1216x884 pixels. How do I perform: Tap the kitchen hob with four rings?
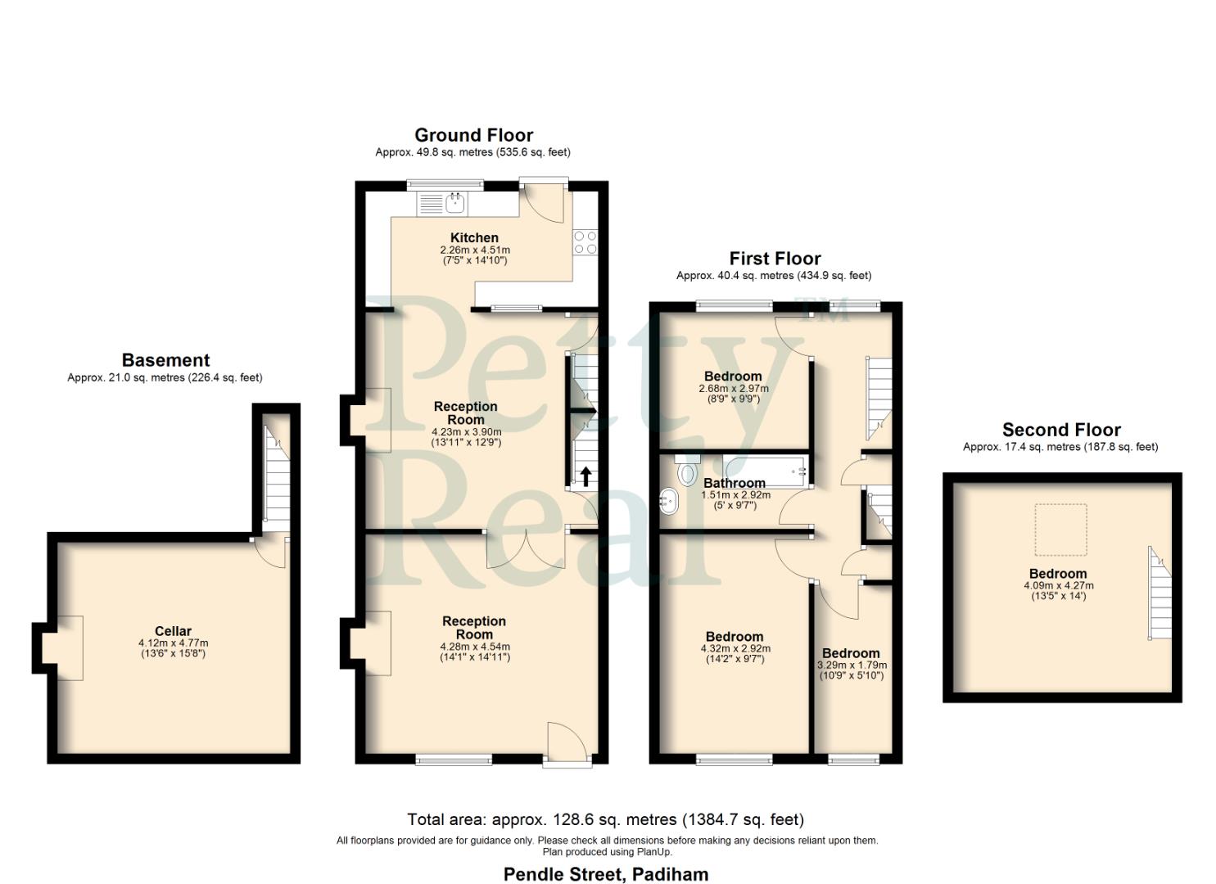tap(585, 242)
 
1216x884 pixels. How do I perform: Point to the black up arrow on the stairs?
tap(585, 476)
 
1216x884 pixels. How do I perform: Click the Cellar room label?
tap(173, 631)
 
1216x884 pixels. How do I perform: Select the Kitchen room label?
tap(474, 237)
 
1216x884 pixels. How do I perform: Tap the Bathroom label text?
tap(735, 483)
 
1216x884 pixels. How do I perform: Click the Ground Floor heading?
tap(473, 135)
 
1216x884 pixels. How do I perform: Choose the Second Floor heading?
tap(1061, 430)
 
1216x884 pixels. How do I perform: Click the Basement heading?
tap(165, 360)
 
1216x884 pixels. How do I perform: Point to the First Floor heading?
tap(775, 259)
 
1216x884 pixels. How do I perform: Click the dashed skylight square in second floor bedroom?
tap(1061, 530)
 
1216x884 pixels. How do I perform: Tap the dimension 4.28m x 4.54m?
tap(474, 647)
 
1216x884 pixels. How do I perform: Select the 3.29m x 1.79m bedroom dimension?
tap(852, 665)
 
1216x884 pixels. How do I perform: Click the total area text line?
tap(606, 819)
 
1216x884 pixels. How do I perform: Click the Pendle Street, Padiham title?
tap(606, 874)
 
